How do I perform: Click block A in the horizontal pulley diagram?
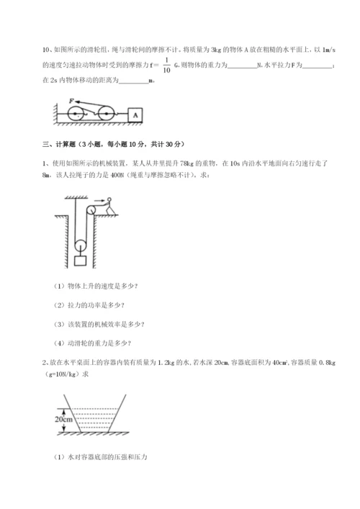(135, 115)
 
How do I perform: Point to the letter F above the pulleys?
(72, 101)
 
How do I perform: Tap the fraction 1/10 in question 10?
(166, 65)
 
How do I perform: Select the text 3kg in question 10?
(216, 50)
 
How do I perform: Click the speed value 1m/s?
(328, 50)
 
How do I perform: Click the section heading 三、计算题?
(59, 144)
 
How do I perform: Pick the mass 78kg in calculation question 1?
(186, 163)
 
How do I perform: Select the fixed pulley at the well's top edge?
(91, 210)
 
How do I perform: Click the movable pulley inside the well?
(80, 246)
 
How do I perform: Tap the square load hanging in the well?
(80, 261)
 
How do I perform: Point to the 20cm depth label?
(63, 420)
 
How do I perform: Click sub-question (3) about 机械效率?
(99, 324)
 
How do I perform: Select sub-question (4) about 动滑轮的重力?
(92, 343)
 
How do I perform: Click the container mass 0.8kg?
(327, 363)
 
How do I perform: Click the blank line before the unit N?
(242, 67)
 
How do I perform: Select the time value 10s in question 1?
(235, 163)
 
